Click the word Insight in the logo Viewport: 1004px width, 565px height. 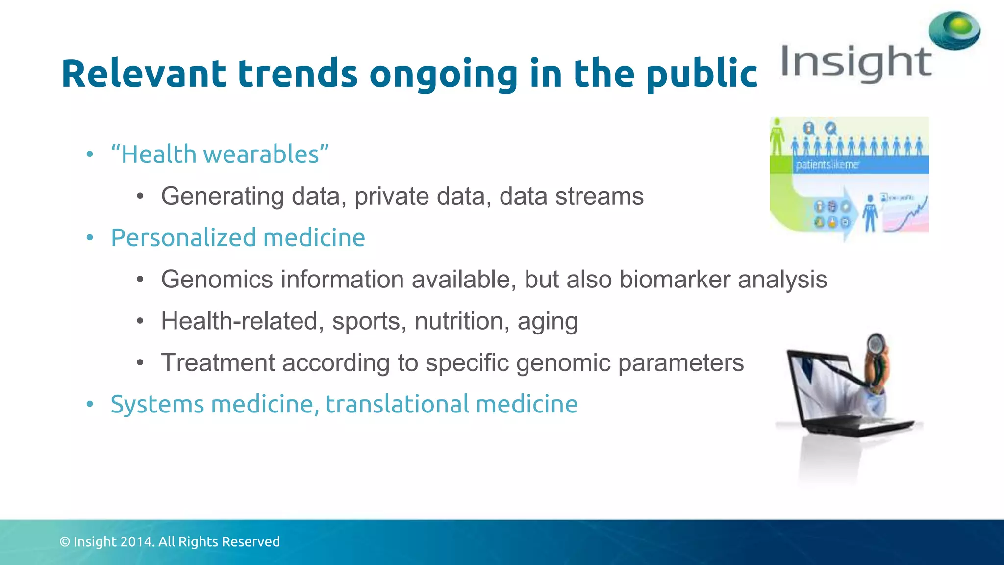pos(855,63)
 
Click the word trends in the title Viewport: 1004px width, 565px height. pos(298,74)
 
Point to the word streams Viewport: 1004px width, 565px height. pos(599,196)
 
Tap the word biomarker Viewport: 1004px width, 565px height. pos(675,280)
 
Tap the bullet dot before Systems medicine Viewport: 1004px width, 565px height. pos(90,404)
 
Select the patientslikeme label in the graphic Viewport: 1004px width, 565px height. pos(827,165)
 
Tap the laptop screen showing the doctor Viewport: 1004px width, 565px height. pos(824,387)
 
